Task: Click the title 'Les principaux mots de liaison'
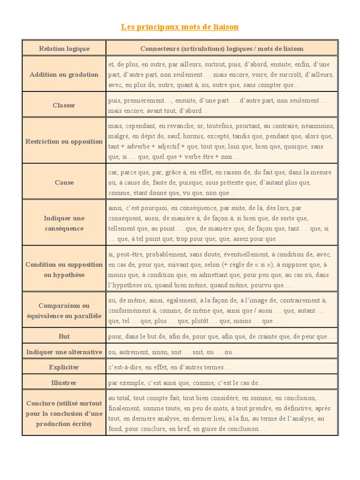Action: point(180,27)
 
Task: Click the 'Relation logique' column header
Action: point(64,48)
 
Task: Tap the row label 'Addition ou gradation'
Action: point(64,75)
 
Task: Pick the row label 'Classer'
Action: point(64,105)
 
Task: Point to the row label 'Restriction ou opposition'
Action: point(64,142)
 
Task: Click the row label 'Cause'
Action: point(64,182)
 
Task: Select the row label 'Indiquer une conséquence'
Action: point(64,223)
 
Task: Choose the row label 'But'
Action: point(64,337)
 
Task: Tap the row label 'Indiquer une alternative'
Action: point(64,352)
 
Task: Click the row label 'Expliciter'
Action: point(64,367)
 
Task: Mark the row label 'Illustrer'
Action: point(64,383)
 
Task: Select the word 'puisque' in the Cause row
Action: point(180,183)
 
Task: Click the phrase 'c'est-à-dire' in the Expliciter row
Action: point(123,367)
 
